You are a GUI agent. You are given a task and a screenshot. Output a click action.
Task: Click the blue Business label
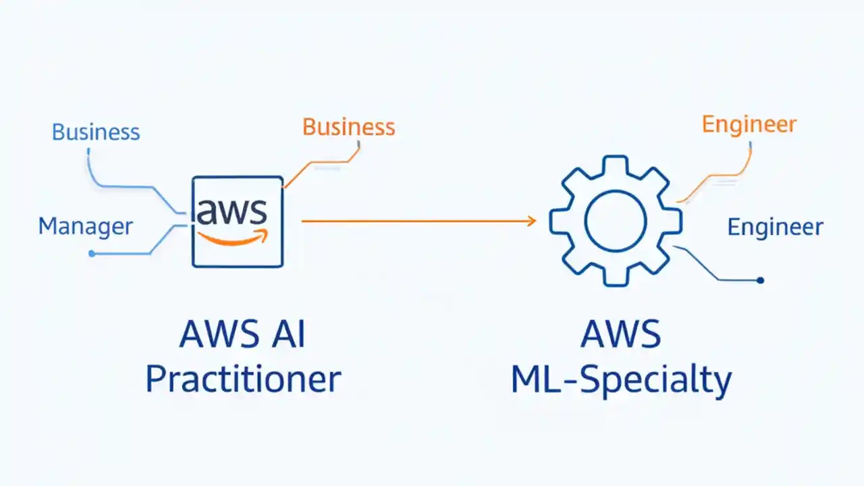[x=96, y=132]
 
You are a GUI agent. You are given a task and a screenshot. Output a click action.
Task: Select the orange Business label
[x=348, y=127]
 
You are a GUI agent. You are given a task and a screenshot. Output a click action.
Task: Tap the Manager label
[x=86, y=226]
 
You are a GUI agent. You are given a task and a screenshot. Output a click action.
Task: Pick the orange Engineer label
[x=749, y=124]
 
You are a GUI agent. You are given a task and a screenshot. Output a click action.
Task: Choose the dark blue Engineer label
[x=775, y=227]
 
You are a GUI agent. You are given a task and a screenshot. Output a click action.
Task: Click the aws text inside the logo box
[x=232, y=211]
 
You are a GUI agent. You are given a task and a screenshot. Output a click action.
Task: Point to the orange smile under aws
[x=234, y=238]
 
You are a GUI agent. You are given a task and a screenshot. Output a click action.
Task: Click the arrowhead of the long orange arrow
[x=532, y=221]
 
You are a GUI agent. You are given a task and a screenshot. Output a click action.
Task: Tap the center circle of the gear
[x=615, y=221]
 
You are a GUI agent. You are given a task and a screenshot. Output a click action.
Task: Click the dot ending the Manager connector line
[x=92, y=254]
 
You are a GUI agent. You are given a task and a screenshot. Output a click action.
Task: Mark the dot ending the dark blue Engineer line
[x=760, y=279]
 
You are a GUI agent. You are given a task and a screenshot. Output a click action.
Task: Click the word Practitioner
[x=243, y=379]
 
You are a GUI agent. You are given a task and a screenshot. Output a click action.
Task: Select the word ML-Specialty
[x=621, y=379]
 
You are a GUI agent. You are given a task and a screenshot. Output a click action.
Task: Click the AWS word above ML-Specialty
[x=620, y=335]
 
